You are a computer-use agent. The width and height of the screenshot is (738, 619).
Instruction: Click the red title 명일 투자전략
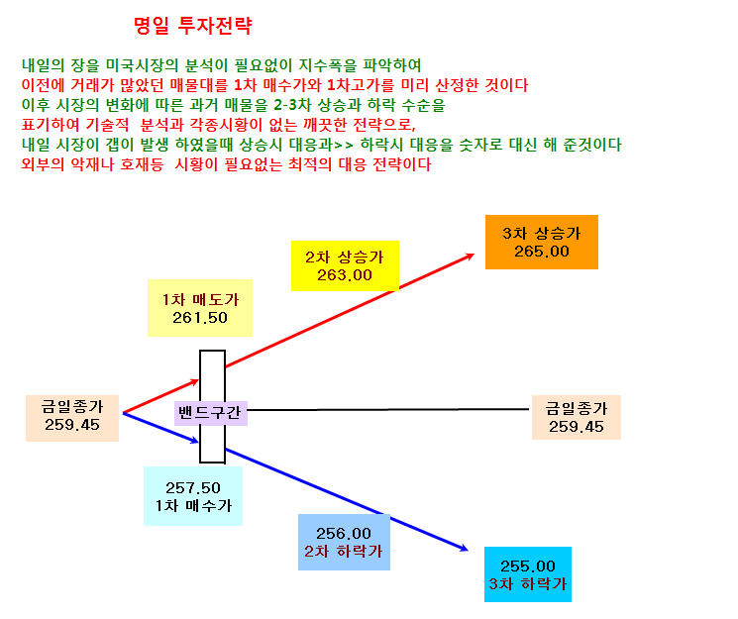(193, 26)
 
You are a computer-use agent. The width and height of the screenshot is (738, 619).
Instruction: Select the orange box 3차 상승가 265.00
(542, 242)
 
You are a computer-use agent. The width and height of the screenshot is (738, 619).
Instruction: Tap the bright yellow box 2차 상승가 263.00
(345, 266)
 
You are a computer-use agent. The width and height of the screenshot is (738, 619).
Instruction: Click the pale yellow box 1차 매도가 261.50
(200, 308)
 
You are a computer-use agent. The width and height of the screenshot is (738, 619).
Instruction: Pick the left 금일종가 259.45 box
(72, 419)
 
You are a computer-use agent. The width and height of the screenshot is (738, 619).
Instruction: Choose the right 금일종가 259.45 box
(577, 418)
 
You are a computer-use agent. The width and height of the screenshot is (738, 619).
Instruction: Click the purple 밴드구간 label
(210, 413)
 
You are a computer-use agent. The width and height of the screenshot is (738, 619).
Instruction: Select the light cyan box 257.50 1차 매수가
(193, 496)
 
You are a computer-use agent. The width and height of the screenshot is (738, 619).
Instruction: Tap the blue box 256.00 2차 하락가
(344, 543)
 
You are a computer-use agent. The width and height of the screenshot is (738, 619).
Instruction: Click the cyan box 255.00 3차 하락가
(528, 574)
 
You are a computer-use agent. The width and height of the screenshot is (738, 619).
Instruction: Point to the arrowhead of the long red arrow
(472, 256)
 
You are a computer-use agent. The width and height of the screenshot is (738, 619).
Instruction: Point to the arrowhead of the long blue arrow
(466, 549)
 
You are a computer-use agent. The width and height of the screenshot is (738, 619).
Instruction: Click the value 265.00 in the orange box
(542, 252)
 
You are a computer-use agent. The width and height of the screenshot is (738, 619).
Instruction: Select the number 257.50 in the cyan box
(193, 487)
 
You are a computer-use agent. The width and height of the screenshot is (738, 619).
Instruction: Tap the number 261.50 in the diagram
(200, 318)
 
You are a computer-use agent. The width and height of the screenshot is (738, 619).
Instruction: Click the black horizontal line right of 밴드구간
(388, 410)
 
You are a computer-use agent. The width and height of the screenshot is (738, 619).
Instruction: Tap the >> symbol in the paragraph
(344, 145)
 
